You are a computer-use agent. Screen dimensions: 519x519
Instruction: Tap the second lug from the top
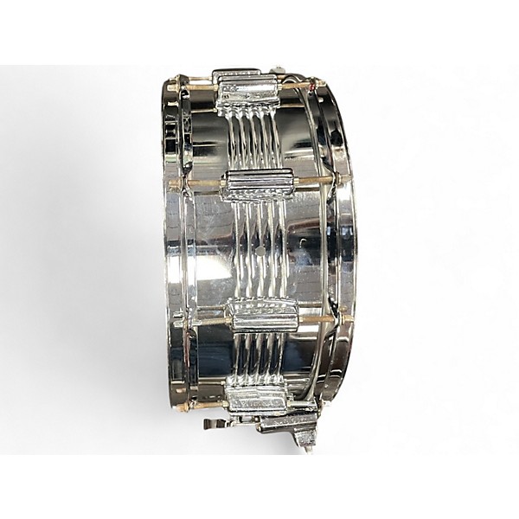pos(257,184)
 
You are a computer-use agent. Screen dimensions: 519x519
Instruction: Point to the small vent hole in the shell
pos(259,252)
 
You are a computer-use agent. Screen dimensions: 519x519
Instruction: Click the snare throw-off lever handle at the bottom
pos(214,423)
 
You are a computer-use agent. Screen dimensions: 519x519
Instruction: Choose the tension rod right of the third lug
pos(320,317)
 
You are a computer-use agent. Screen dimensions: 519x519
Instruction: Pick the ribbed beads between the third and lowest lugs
pos(259,359)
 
